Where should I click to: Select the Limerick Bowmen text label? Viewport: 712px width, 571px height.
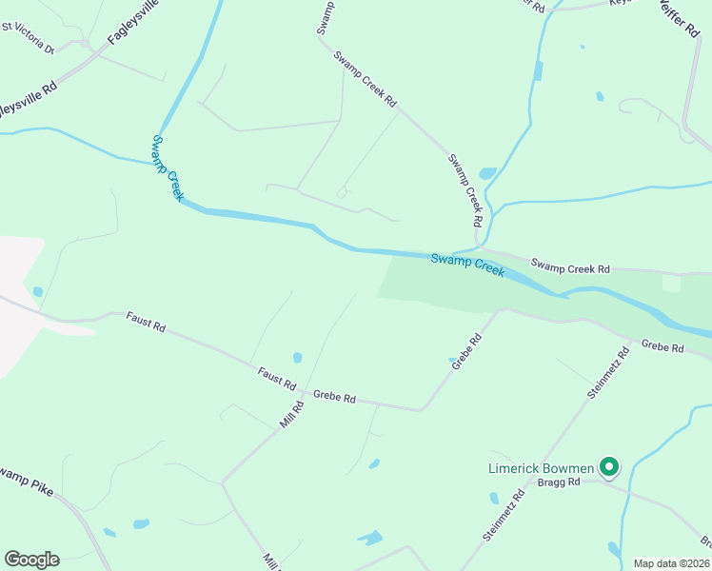(x=541, y=468)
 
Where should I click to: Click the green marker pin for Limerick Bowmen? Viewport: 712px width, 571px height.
(x=608, y=466)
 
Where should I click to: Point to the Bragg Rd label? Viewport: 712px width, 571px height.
(x=559, y=482)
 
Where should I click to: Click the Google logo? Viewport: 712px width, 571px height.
(x=31, y=560)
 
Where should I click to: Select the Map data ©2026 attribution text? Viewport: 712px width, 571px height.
(x=671, y=563)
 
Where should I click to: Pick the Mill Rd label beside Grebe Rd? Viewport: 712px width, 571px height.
(x=292, y=414)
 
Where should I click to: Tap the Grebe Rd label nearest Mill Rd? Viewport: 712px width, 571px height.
(x=334, y=397)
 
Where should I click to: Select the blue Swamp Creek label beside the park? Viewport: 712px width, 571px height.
(x=467, y=264)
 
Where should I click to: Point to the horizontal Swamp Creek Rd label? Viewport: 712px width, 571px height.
(x=570, y=269)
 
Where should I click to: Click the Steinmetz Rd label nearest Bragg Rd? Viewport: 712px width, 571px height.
(x=504, y=516)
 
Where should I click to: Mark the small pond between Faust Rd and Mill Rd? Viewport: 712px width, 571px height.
(x=298, y=358)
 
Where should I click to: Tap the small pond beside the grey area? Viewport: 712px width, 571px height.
(x=37, y=291)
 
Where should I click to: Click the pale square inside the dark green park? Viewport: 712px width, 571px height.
(x=671, y=284)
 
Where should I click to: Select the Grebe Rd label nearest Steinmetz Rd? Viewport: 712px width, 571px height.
(x=663, y=347)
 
